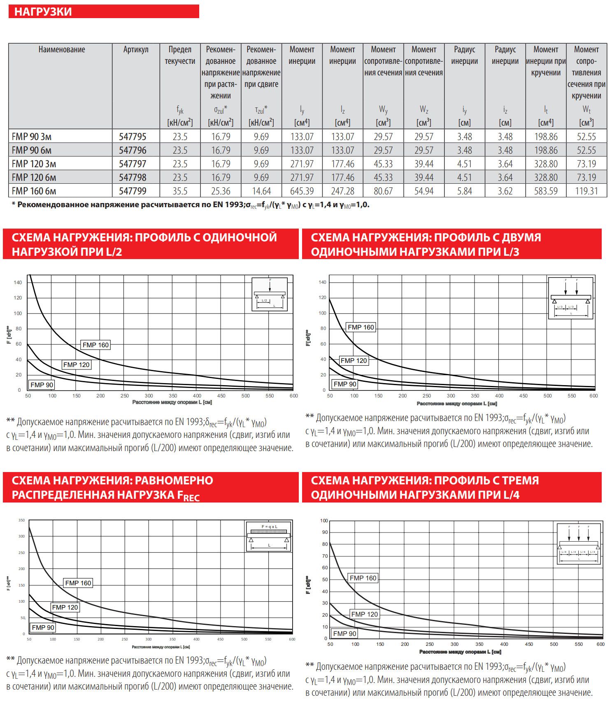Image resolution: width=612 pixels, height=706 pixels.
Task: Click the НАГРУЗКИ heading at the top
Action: pyautogui.click(x=43, y=12)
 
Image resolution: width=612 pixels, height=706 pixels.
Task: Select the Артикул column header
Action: pyautogui.click(x=135, y=49)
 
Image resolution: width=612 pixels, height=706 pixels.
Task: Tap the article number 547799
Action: pyautogui.click(x=133, y=191)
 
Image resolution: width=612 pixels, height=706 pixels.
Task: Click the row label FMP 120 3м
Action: pyautogui.click(x=34, y=164)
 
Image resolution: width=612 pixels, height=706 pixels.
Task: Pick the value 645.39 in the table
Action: pyautogui.click(x=302, y=191)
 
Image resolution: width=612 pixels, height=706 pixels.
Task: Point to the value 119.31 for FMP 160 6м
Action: pyautogui.click(x=586, y=191)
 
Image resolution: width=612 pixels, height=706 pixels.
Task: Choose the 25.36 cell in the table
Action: pyautogui.click(x=221, y=191)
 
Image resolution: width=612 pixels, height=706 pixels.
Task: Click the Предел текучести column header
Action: pyautogui.click(x=180, y=55)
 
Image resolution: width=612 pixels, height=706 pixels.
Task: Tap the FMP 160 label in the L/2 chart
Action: pyautogui.click(x=95, y=345)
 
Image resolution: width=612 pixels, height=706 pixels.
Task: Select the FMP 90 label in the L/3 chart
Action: pyautogui.click(x=345, y=384)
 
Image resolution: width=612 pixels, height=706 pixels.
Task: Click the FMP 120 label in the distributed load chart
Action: pyautogui.click(x=65, y=607)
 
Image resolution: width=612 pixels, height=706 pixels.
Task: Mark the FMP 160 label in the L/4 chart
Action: pyautogui.click(x=363, y=578)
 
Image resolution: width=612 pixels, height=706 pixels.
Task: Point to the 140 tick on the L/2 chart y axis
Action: pyautogui.click(x=18, y=283)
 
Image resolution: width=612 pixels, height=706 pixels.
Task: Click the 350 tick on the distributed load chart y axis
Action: pyautogui.click(x=21, y=521)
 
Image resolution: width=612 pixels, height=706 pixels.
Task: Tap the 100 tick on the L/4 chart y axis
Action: pyautogui.click(x=324, y=521)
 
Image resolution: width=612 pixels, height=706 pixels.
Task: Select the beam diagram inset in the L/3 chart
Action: pyautogui.click(x=571, y=298)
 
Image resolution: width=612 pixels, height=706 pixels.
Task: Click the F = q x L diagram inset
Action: pyautogui.click(x=269, y=536)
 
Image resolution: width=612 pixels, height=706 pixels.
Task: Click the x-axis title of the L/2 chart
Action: pyautogui.click(x=172, y=402)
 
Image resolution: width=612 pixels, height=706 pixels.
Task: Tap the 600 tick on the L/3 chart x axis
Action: pyautogui.click(x=593, y=396)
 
